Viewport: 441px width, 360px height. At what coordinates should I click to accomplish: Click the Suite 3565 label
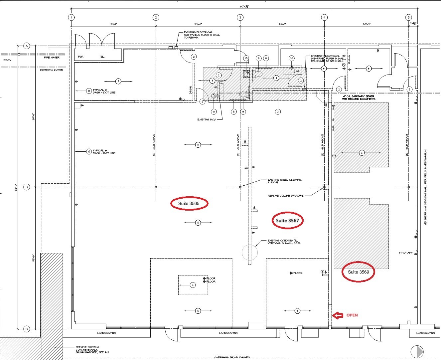tap(189, 203)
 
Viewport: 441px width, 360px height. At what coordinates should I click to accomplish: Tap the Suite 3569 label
tap(358, 272)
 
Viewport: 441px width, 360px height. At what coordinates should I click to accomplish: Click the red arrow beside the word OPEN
tap(338, 315)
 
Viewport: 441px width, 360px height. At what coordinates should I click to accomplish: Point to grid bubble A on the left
tap(27, 46)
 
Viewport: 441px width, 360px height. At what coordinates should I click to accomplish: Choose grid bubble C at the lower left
tap(27, 329)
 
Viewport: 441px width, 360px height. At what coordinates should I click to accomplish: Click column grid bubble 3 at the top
tap(240, 17)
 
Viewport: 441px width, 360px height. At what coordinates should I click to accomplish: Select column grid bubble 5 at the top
tap(409, 17)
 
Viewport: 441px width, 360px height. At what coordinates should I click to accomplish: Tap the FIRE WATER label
tap(52, 58)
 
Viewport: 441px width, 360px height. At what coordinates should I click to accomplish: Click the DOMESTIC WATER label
tap(52, 70)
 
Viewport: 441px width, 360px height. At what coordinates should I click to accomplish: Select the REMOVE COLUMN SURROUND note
tap(286, 196)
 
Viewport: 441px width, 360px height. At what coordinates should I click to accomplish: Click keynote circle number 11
tap(214, 112)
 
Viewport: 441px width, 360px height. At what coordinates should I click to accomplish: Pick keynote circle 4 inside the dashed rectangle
tap(192, 285)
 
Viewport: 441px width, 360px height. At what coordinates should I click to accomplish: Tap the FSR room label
tap(80, 57)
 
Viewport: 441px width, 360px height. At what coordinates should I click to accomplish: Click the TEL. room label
tap(102, 57)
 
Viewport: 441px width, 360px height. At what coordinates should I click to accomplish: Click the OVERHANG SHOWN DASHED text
tap(232, 358)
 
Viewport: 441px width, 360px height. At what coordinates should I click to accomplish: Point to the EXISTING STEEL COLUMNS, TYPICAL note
tap(284, 181)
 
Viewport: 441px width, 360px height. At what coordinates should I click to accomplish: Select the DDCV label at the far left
tap(7, 60)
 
